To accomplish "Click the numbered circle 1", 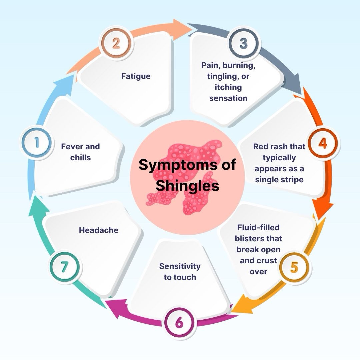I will pos(36,143).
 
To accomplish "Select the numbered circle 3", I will pos(243,43).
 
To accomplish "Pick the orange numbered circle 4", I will pos(322,143).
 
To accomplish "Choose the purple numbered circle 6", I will pos(179,322).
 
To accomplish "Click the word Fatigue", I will pos(136,76).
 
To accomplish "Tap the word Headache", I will pos(99,230).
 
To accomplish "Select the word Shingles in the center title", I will pos(187,185).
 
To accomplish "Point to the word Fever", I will pos(71,146).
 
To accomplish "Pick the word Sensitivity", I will pos(180,266).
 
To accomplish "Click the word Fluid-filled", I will pos(258,228).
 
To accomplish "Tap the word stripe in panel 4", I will pos(292,179).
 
